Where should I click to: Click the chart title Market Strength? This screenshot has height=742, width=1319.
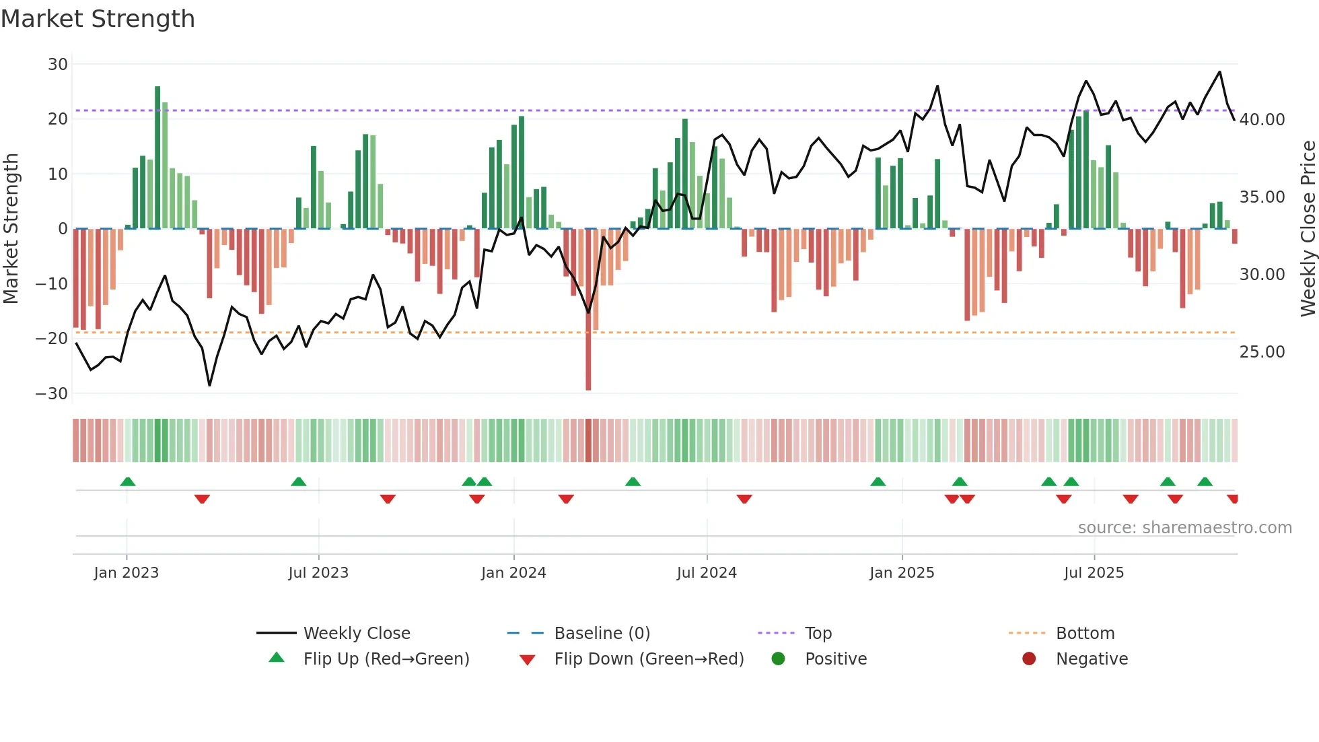click(x=98, y=19)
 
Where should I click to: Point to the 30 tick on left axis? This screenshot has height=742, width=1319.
click(x=58, y=65)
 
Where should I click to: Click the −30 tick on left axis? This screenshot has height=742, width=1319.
click(x=52, y=394)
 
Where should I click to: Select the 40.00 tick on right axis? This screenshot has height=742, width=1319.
click(x=1262, y=120)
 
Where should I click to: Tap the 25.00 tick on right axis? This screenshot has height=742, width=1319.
click(x=1262, y=352)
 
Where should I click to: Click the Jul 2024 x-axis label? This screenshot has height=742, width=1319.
click(x=707, y=573)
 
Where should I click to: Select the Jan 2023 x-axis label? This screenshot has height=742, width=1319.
click(x=127, y=573)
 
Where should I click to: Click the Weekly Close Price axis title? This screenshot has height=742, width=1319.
click(x=1308, y=229)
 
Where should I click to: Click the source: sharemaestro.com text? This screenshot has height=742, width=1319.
click(x=1184, y=528)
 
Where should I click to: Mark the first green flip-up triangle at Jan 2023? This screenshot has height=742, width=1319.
click(x=128, y=481)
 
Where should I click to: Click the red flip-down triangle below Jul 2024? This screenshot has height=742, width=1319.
click(x=744, y=499)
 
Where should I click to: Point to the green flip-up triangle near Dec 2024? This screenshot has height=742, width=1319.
click(x=878, y=481)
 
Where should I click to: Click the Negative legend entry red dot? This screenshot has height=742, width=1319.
click(x=1029, y=659)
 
